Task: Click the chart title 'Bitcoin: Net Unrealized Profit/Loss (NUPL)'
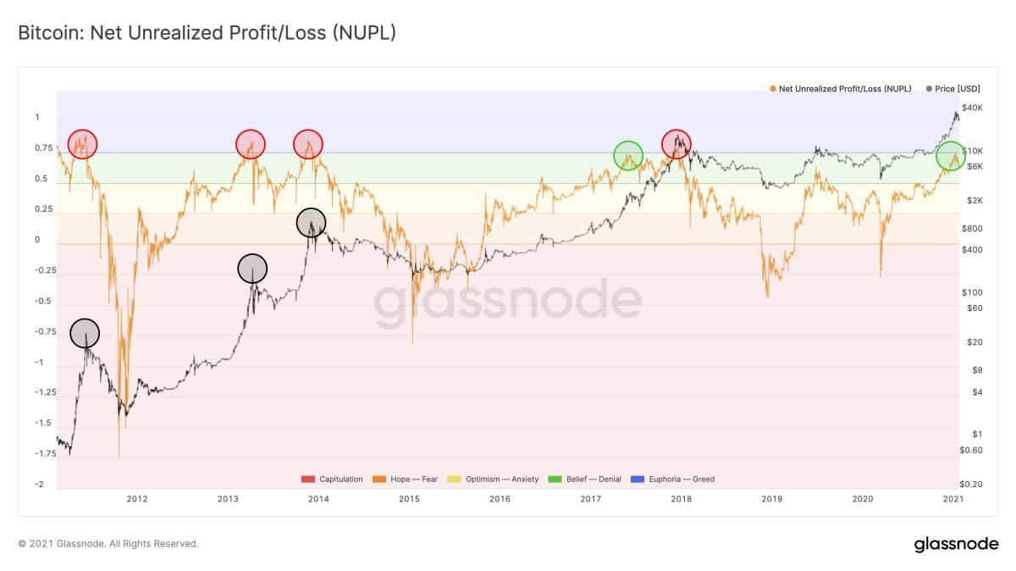click(207, 33)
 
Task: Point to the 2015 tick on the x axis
click(409, 499)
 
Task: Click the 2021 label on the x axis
click(953, 499)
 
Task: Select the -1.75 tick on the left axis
click(44, 454)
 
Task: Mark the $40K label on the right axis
click(972, 108)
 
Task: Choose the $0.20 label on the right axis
click(972, 484)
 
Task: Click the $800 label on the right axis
click(972, 229)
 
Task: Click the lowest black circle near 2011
click(84, 334)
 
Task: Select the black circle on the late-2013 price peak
click(311, 222)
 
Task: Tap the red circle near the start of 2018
click(676, 144)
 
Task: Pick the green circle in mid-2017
click(628, 155)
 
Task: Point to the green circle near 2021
click(951, 156)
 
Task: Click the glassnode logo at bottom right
click(956, 544)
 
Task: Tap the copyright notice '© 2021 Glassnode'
click(108, 544)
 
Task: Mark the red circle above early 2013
click(251, 144)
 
